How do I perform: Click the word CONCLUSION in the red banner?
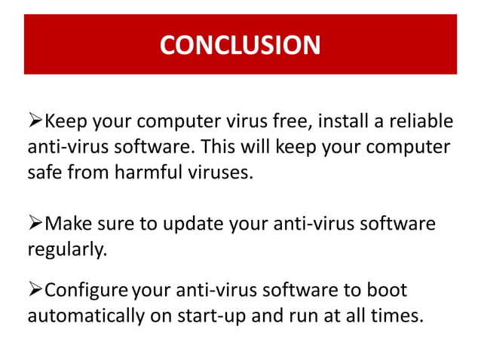pyautogui.click(x=240, y=45)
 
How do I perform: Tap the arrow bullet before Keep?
pyautogui.click(x=35, y=121)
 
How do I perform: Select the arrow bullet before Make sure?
pyautogui.click(x=35, y=224)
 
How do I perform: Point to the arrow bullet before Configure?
pyautogui.click(x=35, y=290)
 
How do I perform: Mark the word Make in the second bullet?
pyautogui.click(x=71, y=224)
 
